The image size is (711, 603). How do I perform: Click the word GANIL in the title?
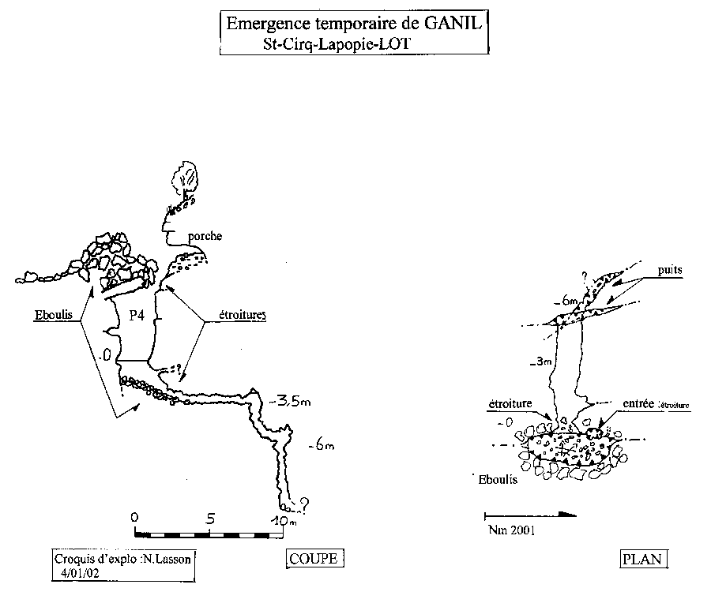(x=450, y=23)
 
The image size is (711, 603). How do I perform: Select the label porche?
(x=205, y=236)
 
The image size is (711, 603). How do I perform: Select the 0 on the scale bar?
(x=134, y=517)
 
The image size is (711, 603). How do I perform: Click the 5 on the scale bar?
(x=210, y=519)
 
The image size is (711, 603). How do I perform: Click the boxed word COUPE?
(x=314, y=559)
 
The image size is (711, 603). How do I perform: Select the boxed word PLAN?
(x=645, y=560)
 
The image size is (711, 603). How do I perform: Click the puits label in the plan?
(x=668, y=269)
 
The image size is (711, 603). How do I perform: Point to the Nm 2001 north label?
(x=511, y=530)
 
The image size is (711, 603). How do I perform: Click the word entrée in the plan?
(x=638, y=403)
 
